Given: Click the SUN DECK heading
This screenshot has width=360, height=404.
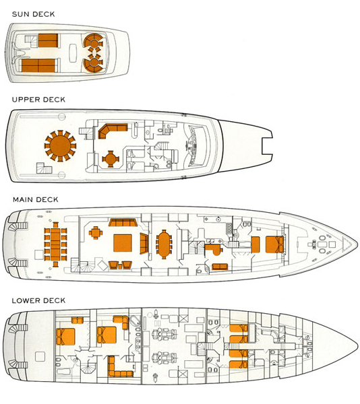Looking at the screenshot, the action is [33, 14].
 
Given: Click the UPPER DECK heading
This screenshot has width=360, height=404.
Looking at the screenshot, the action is [38, 100].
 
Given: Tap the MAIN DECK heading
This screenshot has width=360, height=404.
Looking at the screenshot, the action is [35, 199].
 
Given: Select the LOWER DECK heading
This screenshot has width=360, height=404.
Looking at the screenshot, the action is [38, 300].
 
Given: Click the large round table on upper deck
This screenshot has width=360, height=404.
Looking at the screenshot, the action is [60, 146].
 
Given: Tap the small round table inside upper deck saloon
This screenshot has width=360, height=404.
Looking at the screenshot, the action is [111, 159].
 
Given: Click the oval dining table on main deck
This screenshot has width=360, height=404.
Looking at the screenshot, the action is [164, 244].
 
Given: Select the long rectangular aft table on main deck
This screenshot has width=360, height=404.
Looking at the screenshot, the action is [55, 244].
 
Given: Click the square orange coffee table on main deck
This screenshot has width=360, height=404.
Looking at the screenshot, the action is [123, 243].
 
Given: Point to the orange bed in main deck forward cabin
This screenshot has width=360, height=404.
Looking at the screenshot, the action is [274, 244].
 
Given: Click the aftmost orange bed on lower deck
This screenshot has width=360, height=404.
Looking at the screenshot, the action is [65, 337].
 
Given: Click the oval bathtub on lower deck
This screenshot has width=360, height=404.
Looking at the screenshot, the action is [135, 321].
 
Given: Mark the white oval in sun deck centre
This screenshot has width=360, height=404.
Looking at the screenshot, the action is [73, 53].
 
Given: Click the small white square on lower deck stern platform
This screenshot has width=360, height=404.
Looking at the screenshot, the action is [40, 357].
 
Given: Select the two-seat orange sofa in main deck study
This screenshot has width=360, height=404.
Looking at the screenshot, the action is [220, 267].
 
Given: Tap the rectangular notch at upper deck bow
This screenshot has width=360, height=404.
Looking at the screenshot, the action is [267, 147].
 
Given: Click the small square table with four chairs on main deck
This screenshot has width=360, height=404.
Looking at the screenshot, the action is [96, 233].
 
